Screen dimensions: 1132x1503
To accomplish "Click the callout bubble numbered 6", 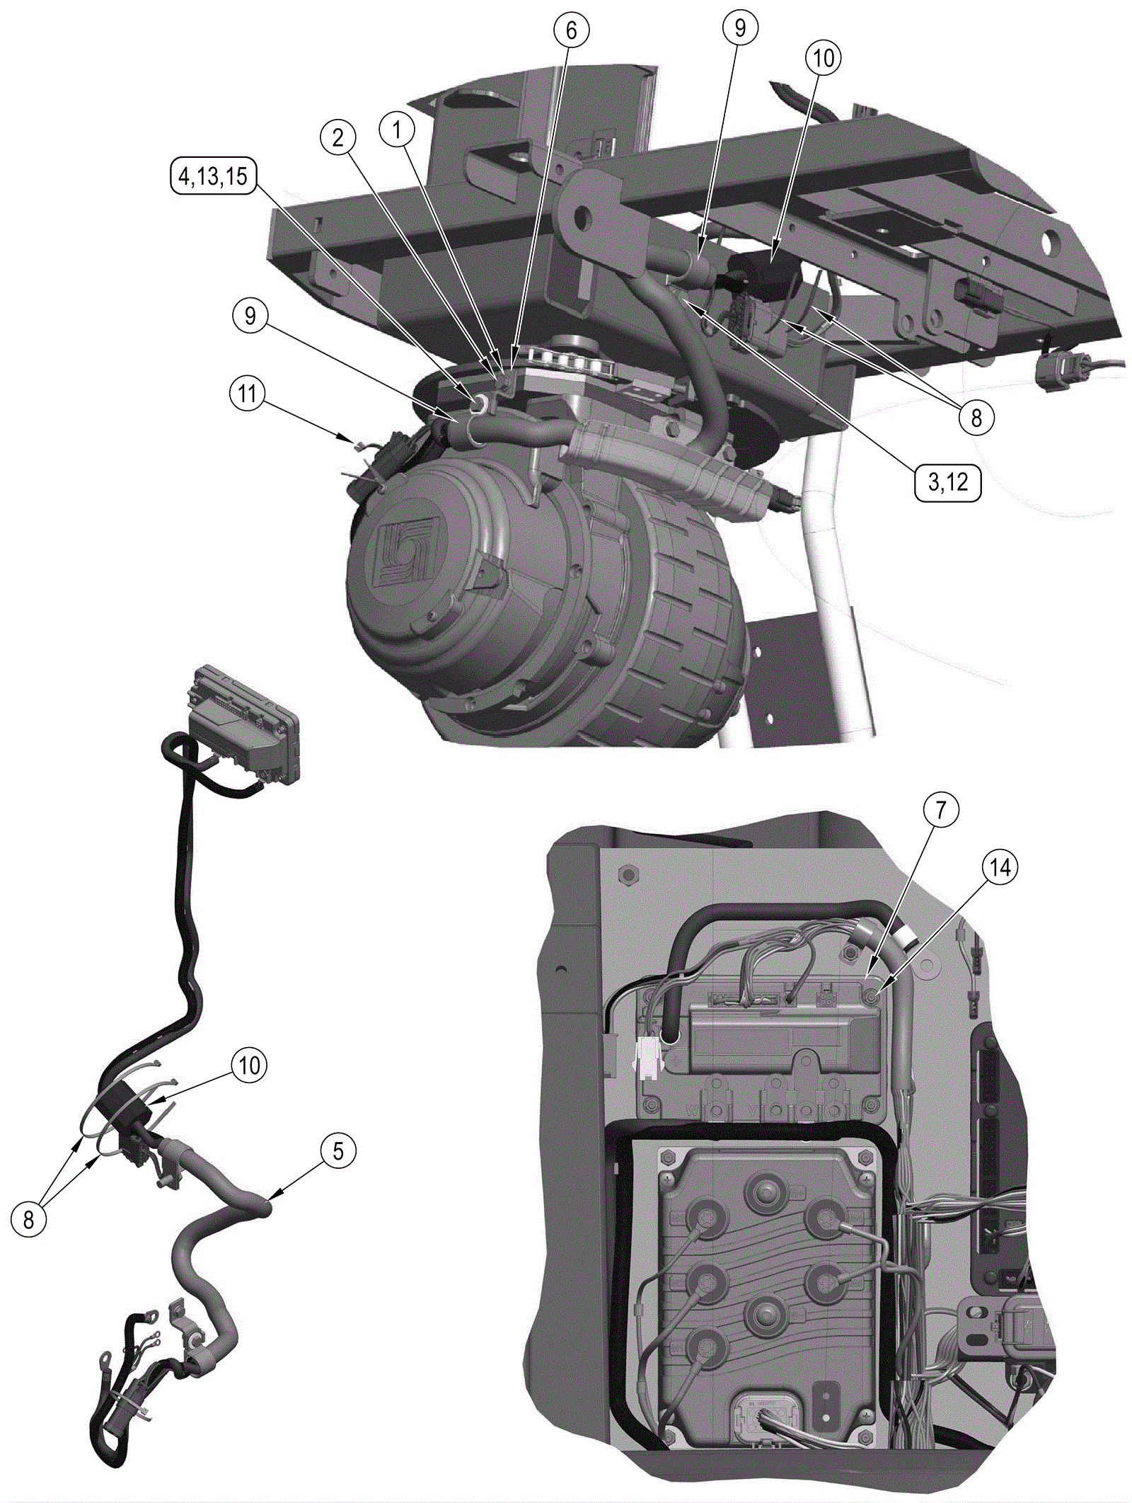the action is click(571, 30).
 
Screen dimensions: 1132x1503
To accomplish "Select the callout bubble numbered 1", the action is click(397, 130).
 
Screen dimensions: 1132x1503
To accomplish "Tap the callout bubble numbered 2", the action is click(338, 137).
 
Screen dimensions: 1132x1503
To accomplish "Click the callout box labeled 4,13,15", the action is click(213, 176).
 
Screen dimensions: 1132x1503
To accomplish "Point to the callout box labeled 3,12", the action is click(948, 482).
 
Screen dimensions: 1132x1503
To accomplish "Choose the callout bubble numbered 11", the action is click(248, 393).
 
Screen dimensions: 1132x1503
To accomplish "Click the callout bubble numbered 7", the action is click(940, 810).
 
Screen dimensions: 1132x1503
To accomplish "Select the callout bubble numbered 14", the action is click(1000, 867).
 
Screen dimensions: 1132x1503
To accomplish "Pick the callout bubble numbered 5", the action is click(338, 1150).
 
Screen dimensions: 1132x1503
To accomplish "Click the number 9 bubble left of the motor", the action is click(250, 316).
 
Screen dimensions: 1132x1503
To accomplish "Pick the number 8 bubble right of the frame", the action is click(976, 418).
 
